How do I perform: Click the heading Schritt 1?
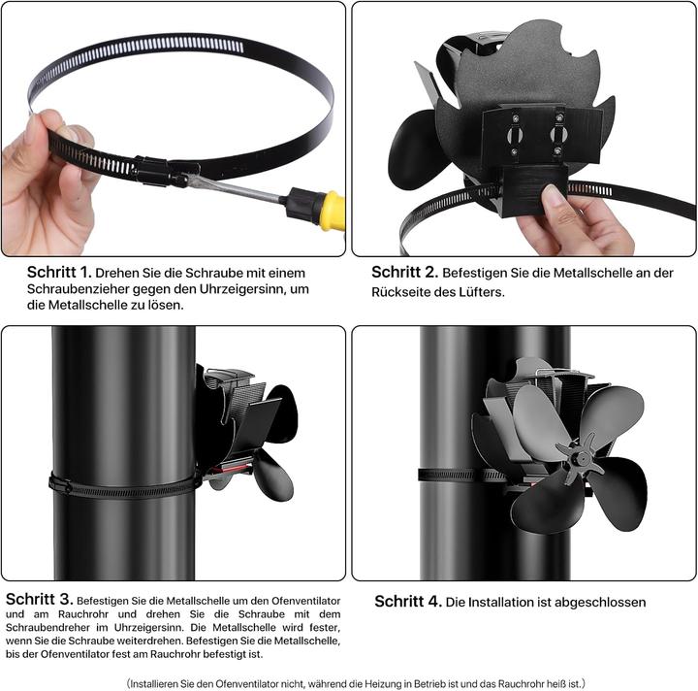[x=58, y=272]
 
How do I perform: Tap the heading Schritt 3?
[x=37, y=599]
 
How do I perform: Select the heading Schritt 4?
[x=408, y=602]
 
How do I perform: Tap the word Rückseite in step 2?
[x=398, y=290]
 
